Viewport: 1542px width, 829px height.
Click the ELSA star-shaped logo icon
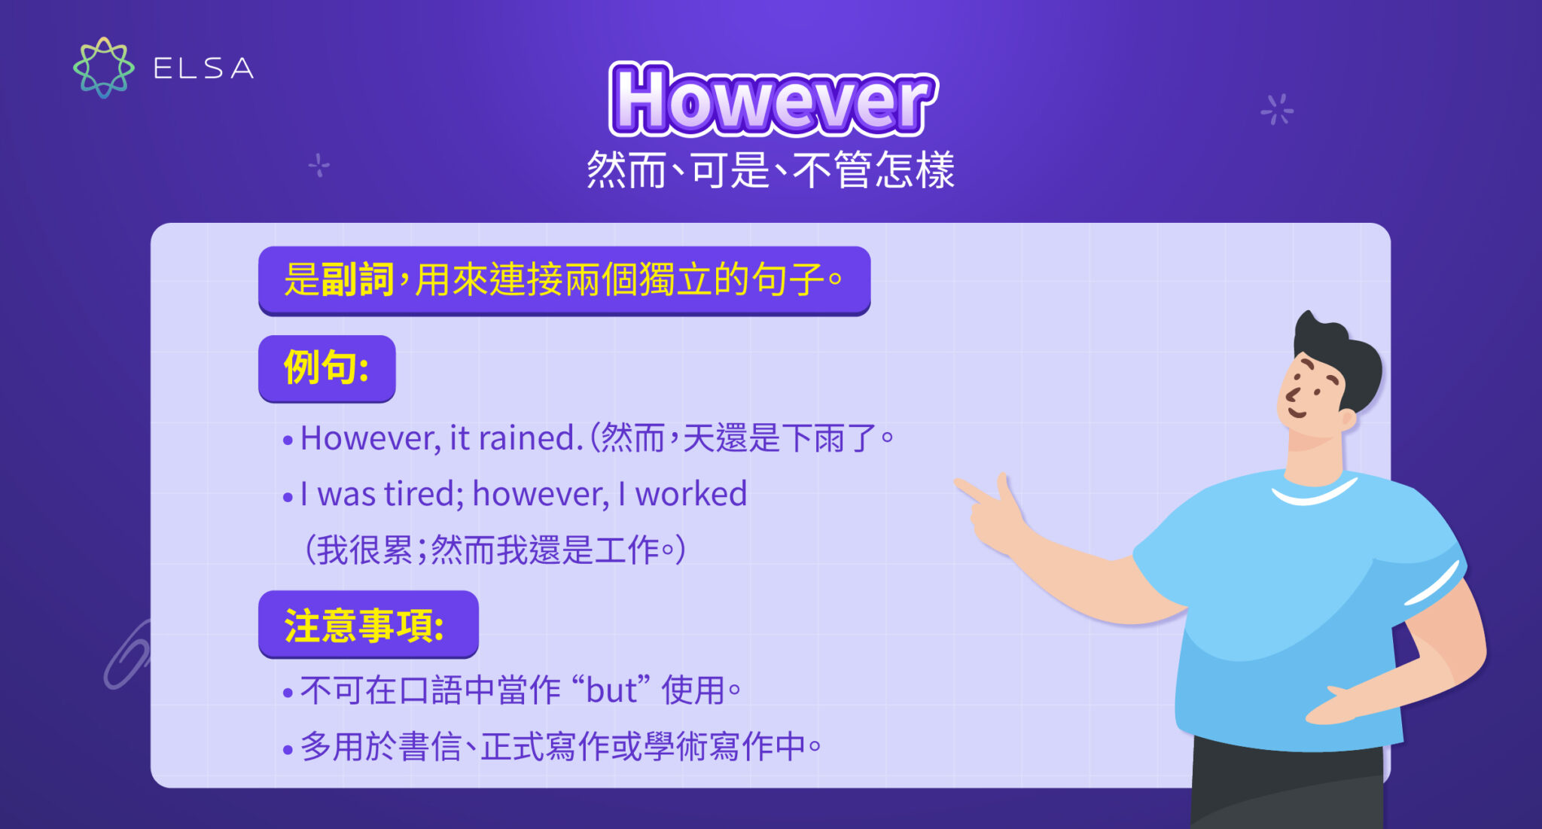tap(104, 68)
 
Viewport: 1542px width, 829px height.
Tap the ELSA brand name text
tap(203, 69)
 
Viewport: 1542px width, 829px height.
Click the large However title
tap(773, 100)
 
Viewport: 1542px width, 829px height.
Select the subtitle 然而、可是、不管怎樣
tap(770, 169)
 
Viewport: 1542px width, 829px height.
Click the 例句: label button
tap(327, 368)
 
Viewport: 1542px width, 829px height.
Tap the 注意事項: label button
tap(368, 625)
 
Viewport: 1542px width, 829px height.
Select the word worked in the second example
tap(690, 495)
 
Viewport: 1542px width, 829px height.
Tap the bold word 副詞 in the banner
tap(357, 280)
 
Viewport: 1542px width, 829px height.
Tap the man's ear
tap(1347, 419)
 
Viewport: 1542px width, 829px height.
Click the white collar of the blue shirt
tap(1314, 492)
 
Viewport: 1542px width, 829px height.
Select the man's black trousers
tap(1288, 787)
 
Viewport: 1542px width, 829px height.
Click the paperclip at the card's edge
tap(126, 655)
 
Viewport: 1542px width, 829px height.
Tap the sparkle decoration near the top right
tap(1277, 110)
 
